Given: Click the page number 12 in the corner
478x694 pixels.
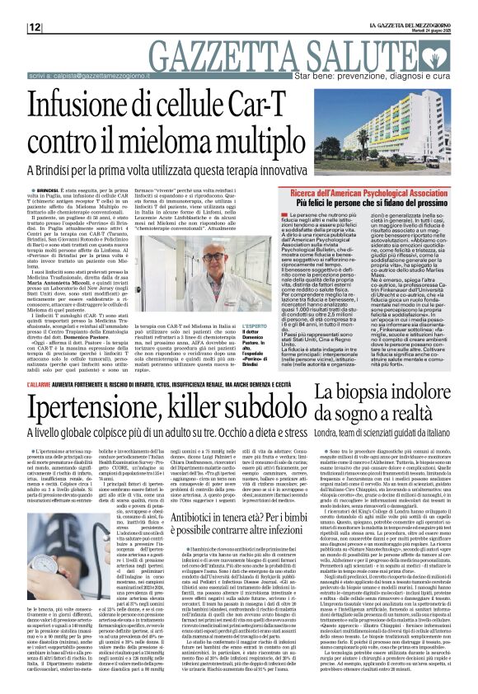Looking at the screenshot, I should [x=35, y=27].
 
